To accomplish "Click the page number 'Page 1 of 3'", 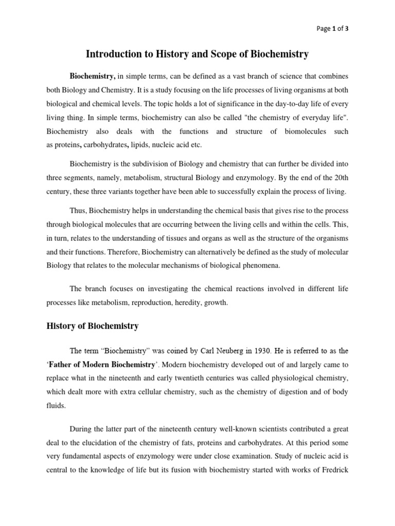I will click(x=333, y=29).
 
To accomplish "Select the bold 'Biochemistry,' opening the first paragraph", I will click(x=93, y=76).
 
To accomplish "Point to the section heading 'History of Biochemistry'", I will click(x=93, y=326).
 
